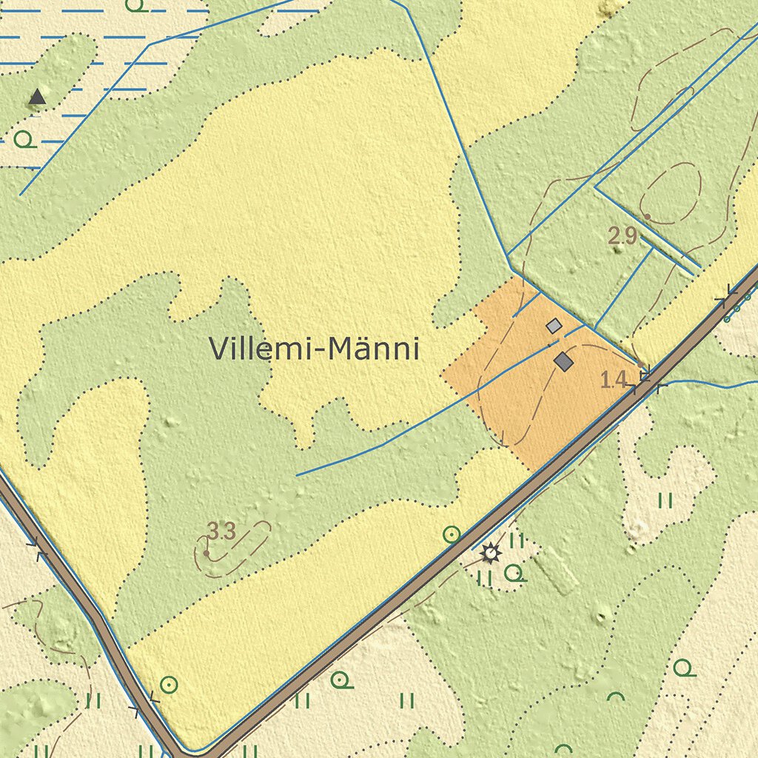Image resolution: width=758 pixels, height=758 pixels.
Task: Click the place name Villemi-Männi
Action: coord(315,349)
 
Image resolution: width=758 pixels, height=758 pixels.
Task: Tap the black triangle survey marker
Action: coord(36,96)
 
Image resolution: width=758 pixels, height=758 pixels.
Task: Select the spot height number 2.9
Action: coord(623,237)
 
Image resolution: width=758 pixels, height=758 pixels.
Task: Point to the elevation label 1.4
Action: coord(614,380)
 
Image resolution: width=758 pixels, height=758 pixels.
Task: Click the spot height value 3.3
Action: coord(221,531)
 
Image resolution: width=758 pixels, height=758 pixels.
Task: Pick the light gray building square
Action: coord(554,325)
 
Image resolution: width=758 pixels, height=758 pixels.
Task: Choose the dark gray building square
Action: coord(564,361)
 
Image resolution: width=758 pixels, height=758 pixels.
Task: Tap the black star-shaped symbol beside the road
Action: coord(489,552)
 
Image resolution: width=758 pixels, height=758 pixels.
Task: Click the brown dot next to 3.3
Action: coord(206,552)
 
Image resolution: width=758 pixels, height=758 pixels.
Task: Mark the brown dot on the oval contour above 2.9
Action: coord(647,217)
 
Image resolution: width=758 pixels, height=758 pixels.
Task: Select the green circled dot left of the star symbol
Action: coord(451,534)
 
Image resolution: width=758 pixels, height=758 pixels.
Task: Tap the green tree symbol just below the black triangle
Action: coord(24,138)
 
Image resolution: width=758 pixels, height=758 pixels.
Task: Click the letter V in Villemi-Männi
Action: coord(219,349)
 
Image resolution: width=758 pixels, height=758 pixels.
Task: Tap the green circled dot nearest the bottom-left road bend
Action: coord(169,685)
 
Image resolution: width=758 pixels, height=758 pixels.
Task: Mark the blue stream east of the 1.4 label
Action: coord(711,385)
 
